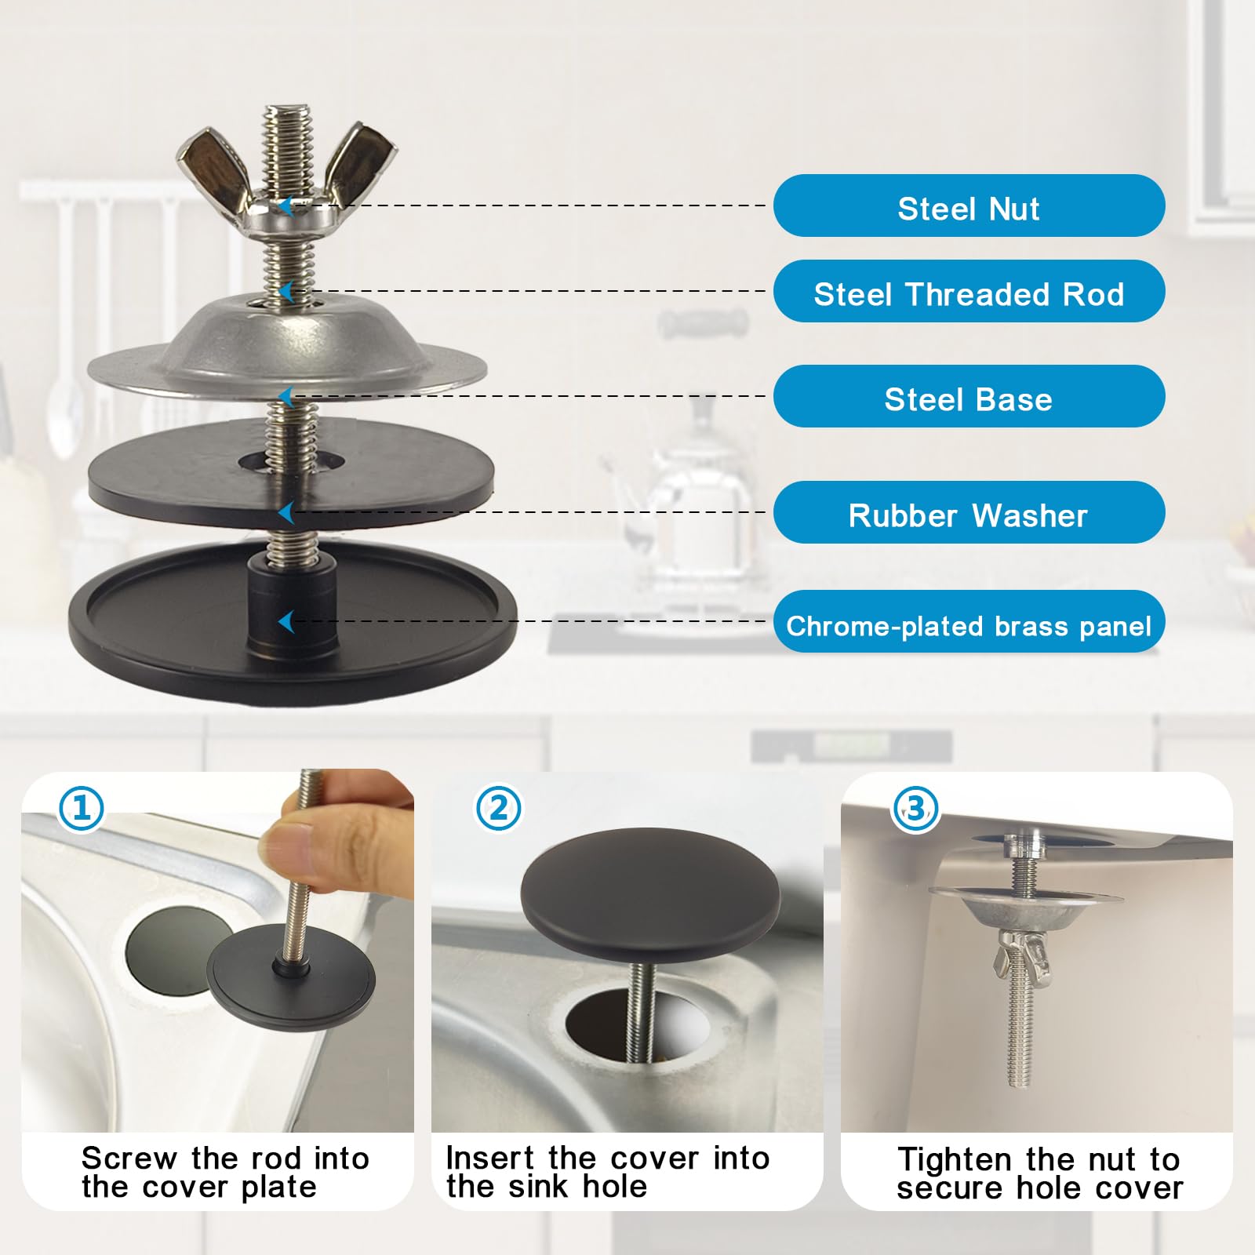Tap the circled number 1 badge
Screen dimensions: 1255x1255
coord(82,808)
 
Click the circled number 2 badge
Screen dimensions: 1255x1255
coord(499,808)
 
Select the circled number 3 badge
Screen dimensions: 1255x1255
coord(916,808)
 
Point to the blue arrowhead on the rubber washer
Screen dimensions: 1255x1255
coord(286,513)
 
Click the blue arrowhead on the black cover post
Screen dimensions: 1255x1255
coord(286,622)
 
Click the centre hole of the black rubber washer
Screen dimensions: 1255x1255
coord(291,461)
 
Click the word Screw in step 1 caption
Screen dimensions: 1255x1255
coord(129,1159)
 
